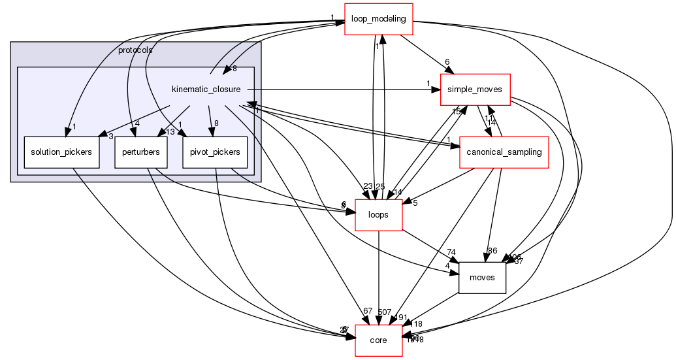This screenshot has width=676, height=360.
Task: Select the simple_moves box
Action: click(475, 90)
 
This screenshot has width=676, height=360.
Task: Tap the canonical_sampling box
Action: click(503, 152)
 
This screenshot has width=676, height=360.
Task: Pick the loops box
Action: click(378, 214)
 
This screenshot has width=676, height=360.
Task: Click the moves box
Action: click(483, 278)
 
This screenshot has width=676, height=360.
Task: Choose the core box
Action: click(378, 340)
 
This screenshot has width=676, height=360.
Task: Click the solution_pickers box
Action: click(61, 152)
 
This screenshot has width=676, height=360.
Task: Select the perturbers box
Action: click(141, 152)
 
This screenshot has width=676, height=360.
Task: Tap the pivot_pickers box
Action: click(215, 152)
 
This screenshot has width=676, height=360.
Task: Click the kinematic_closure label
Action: click(206, 89)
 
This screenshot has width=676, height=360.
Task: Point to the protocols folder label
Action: click(135, 50)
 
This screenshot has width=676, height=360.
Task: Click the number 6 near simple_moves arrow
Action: click(447, 62)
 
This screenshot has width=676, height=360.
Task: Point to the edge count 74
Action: click(451, 253)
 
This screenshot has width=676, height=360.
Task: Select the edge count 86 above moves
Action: click(492, 251)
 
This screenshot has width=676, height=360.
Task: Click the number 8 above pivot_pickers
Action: click(216, 123)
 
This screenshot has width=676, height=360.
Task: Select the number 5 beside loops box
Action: click(415, 202)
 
